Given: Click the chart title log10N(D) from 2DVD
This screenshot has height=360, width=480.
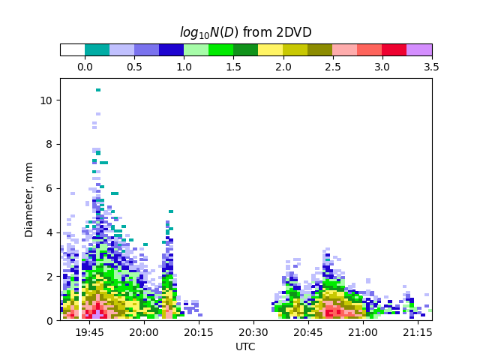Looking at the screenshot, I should pyautogui.click(x=245, y=32).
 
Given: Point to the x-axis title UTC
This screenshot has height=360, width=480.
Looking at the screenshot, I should pyautogui.click(x=245, y=346).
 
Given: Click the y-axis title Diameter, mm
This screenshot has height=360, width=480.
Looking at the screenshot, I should pyautogui.click(x=29, y=199).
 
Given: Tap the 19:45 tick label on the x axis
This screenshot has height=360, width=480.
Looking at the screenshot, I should pyautogui.click(x=89, y=331).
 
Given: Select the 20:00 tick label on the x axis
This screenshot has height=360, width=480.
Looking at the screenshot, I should pyautogui.click(x=144, y=331).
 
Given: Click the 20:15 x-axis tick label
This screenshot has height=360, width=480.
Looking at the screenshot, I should pyautogui.click(x=199, y=331).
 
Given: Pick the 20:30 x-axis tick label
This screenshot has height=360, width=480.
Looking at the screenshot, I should pyautogui.click(x=253, y=331).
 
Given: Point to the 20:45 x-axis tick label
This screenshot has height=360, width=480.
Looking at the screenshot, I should pyautogui.click(x=308, y=331).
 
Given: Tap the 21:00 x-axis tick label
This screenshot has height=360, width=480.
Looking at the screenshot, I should pyautogui.click(x=363, y=331).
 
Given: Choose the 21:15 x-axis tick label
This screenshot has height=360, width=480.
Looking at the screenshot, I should pyautogui.click(x=418, y=331).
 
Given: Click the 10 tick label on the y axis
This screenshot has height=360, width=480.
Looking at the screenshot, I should pyautogui.click(x=46, y=100).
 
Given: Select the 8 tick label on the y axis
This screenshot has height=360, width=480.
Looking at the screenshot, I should pyautogui.click(x=49, y=145).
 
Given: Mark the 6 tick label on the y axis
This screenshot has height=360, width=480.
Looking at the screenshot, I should pyautogui.click(x=49, y=188).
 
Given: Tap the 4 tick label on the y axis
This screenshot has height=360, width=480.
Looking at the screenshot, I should pyautogui.click(x=49, y=232).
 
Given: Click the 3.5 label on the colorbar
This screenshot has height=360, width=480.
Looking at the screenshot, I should pyautogui.click(x=431, y=67).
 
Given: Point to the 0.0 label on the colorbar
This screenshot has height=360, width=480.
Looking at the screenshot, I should pyautogui.click(x=85, y=67).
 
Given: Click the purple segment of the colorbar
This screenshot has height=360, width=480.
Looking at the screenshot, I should pyautogui.click(x=419, y=49).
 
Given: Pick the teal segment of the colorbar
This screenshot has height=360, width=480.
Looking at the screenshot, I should pyautogui.click(x=97, y=49).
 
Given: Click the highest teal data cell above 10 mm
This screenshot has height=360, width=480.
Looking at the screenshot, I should pyautogui.click(x=98, y=90).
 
